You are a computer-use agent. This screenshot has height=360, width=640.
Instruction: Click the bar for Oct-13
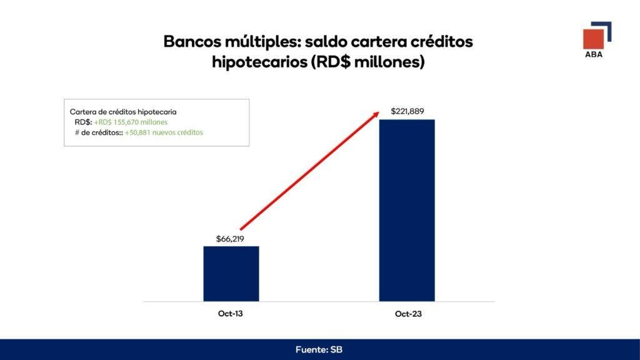[x=231, y=274]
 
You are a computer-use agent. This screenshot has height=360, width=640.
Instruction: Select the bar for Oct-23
[x=407, y=210]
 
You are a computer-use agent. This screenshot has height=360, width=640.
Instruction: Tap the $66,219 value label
[x=230, y=239]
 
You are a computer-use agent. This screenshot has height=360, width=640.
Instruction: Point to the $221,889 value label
[x=407, y=111]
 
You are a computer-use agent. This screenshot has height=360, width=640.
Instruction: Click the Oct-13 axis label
[x=230, y=314]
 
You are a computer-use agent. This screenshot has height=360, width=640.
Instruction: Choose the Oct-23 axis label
[x=408, y=314]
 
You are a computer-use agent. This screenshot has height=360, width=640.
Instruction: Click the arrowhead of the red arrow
[x=376, y=114]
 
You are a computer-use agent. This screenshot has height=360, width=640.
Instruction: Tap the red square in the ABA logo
[x=593, y=39]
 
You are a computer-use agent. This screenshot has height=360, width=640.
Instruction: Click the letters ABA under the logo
[x=594, y=54]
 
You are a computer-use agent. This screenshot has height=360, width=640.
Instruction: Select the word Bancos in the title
[x=191, y=42]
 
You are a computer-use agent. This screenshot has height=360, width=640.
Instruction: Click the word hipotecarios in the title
[x=259, y=62]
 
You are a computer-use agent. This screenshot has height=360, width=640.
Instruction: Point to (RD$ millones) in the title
[x=367, y=62]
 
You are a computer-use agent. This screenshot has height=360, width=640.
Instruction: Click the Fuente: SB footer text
[x=319, y=349]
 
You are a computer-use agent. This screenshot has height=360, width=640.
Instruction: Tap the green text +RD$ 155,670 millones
[x=131, y=122]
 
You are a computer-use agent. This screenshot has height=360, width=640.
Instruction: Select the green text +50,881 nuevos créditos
[x=164, y=132]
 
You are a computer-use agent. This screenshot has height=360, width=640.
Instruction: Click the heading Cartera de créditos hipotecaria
[x=123, y=112]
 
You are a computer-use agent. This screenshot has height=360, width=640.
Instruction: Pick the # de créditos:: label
[x=99, y=132]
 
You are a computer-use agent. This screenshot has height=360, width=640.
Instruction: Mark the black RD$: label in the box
[x=83, y=122]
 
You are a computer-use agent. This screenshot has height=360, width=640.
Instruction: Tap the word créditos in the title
[x=442, y=42]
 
